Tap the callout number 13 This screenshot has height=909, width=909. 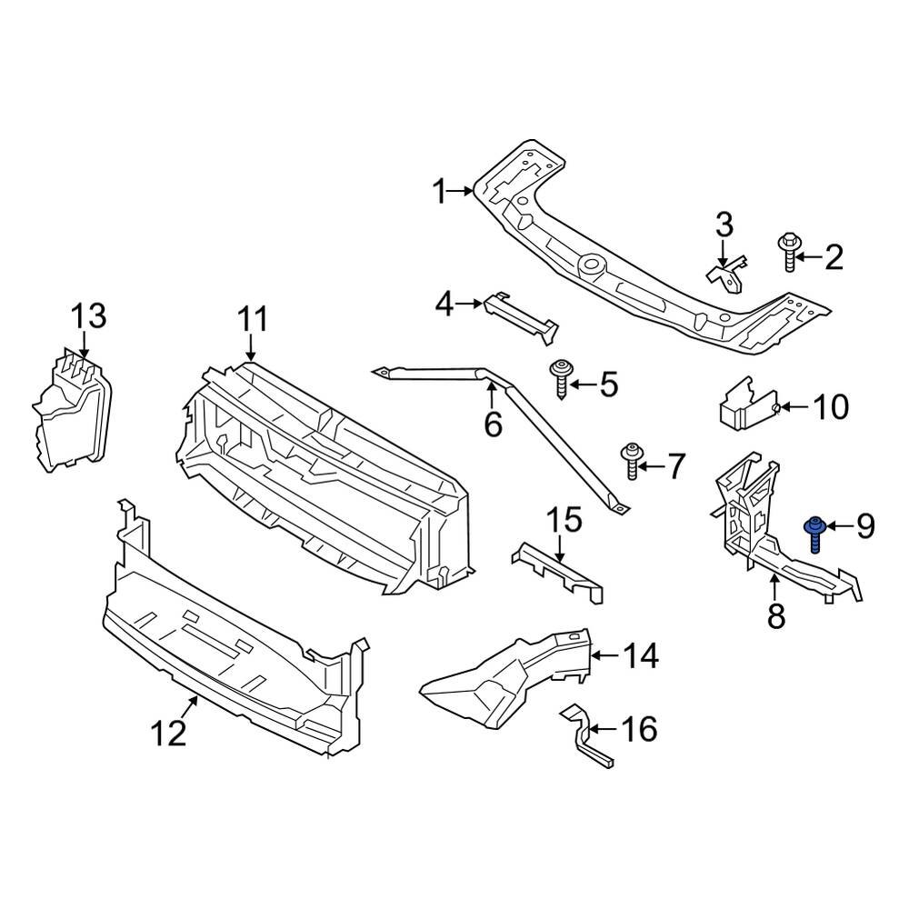pos(89,317)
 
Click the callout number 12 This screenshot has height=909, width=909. pos(170,731)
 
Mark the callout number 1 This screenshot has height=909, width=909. pos(440,192)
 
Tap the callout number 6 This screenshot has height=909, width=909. pos(493,424)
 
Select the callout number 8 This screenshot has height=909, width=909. pos(775,615)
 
